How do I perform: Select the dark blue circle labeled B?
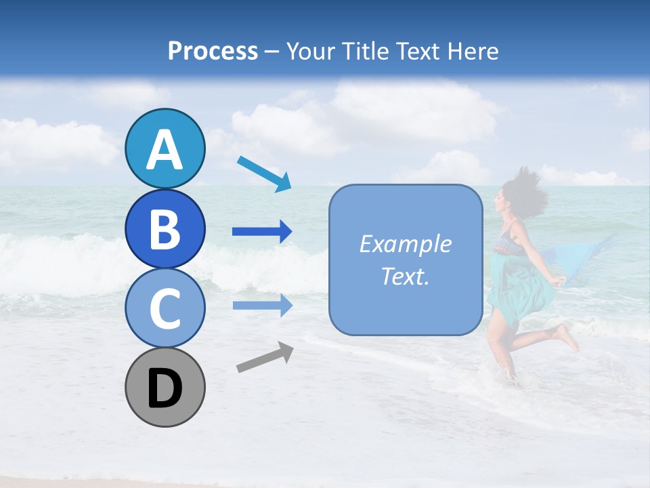tap(165, 228)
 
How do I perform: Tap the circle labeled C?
tap(165, 308)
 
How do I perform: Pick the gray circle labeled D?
tap(165, 388)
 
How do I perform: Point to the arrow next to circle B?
tap(262, 232)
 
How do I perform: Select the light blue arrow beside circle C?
tap(262, 306)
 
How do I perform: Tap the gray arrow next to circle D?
tap(265, 357)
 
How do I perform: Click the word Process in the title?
tap(213, 51)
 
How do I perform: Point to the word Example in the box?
tap(405, 243)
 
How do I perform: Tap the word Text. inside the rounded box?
tap(405, 276)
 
